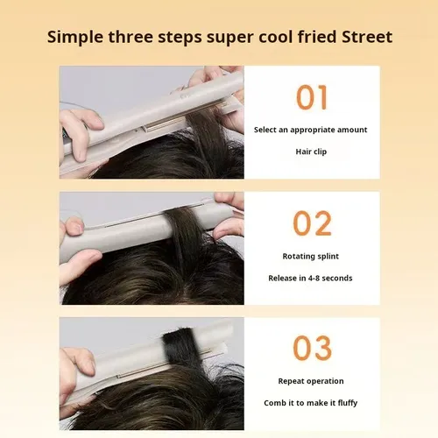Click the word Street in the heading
(x=367, y=37)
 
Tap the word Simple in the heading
(x=75, y=38)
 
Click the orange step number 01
(x=312, y=97)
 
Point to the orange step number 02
(x=312, y=223)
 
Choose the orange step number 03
(x=312, y=348)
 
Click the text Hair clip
(x=311, y=152)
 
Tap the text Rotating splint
(x=311, y=256)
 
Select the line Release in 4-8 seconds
(x=310, y=278)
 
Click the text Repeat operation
(x=311, y=381)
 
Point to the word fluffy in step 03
(x=348, y=403)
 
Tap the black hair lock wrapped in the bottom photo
(x=178, y=347)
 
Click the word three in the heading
(x=131, y=37)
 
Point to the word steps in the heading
(x=180, y=38)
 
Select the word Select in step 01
(x=265, y=130)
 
